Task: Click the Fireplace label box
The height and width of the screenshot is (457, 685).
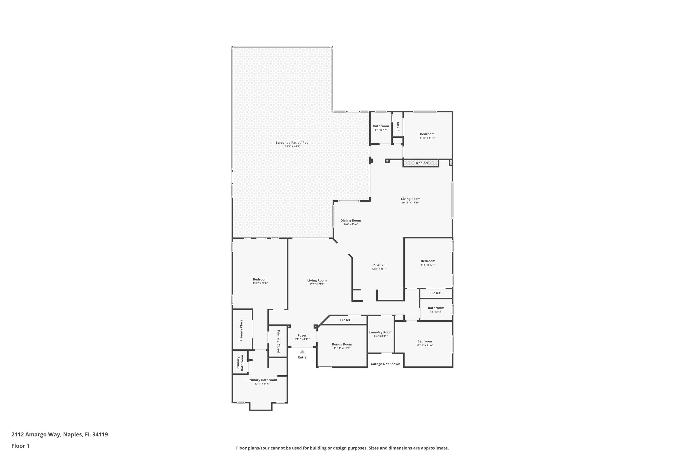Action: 421,163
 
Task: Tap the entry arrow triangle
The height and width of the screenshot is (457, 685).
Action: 302,352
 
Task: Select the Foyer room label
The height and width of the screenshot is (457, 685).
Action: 302,335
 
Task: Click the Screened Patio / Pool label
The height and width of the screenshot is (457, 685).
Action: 292,143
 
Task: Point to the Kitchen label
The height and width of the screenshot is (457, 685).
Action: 379,265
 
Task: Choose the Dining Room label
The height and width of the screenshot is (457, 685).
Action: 351,220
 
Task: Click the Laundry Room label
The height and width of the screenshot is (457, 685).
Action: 381,332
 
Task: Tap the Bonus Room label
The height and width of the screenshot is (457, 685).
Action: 342,344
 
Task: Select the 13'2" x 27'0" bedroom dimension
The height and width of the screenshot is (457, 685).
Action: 260,283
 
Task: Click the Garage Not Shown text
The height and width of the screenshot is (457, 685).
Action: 385,364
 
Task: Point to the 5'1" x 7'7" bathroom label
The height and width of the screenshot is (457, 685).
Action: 381,130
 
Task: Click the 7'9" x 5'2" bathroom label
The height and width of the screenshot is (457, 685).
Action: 436,312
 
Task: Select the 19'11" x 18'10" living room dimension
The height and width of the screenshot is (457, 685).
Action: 410,203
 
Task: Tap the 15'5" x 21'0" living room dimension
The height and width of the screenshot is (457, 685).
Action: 317,284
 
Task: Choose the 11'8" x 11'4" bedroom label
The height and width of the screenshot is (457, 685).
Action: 427,138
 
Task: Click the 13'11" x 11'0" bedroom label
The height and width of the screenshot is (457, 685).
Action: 424,345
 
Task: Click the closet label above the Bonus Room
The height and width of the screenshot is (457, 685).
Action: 345,320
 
